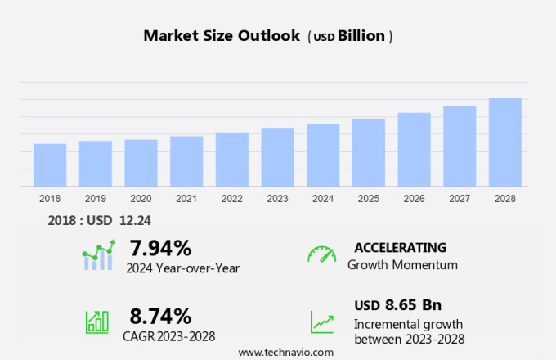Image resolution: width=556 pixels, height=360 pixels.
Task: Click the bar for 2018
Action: (50, 165)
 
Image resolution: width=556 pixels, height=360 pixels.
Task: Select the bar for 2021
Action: (186, 161)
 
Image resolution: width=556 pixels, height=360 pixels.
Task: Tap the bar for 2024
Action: (323, 155)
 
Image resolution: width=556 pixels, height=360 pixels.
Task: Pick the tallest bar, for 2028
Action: (505, 142)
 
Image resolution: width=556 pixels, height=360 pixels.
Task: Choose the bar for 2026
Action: (414, 150)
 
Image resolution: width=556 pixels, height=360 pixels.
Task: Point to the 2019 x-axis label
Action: (95, 199)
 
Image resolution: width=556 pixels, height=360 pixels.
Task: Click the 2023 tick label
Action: (277, 199)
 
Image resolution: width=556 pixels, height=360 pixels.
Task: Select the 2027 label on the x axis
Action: (460, 199)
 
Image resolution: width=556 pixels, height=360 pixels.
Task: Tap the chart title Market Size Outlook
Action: (221, 36)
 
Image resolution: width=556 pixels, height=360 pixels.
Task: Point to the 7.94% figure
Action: (160, 248)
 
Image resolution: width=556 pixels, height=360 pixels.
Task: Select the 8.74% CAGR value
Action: (160, 316)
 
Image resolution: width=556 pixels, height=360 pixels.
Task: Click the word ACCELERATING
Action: (400, 247)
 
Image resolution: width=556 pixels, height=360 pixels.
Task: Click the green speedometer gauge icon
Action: (321, 254)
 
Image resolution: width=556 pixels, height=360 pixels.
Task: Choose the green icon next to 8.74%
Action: (97, 322)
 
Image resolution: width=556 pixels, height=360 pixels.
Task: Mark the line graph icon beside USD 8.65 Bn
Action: (322, 322)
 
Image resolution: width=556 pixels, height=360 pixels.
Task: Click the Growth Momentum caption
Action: (402, 265)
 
